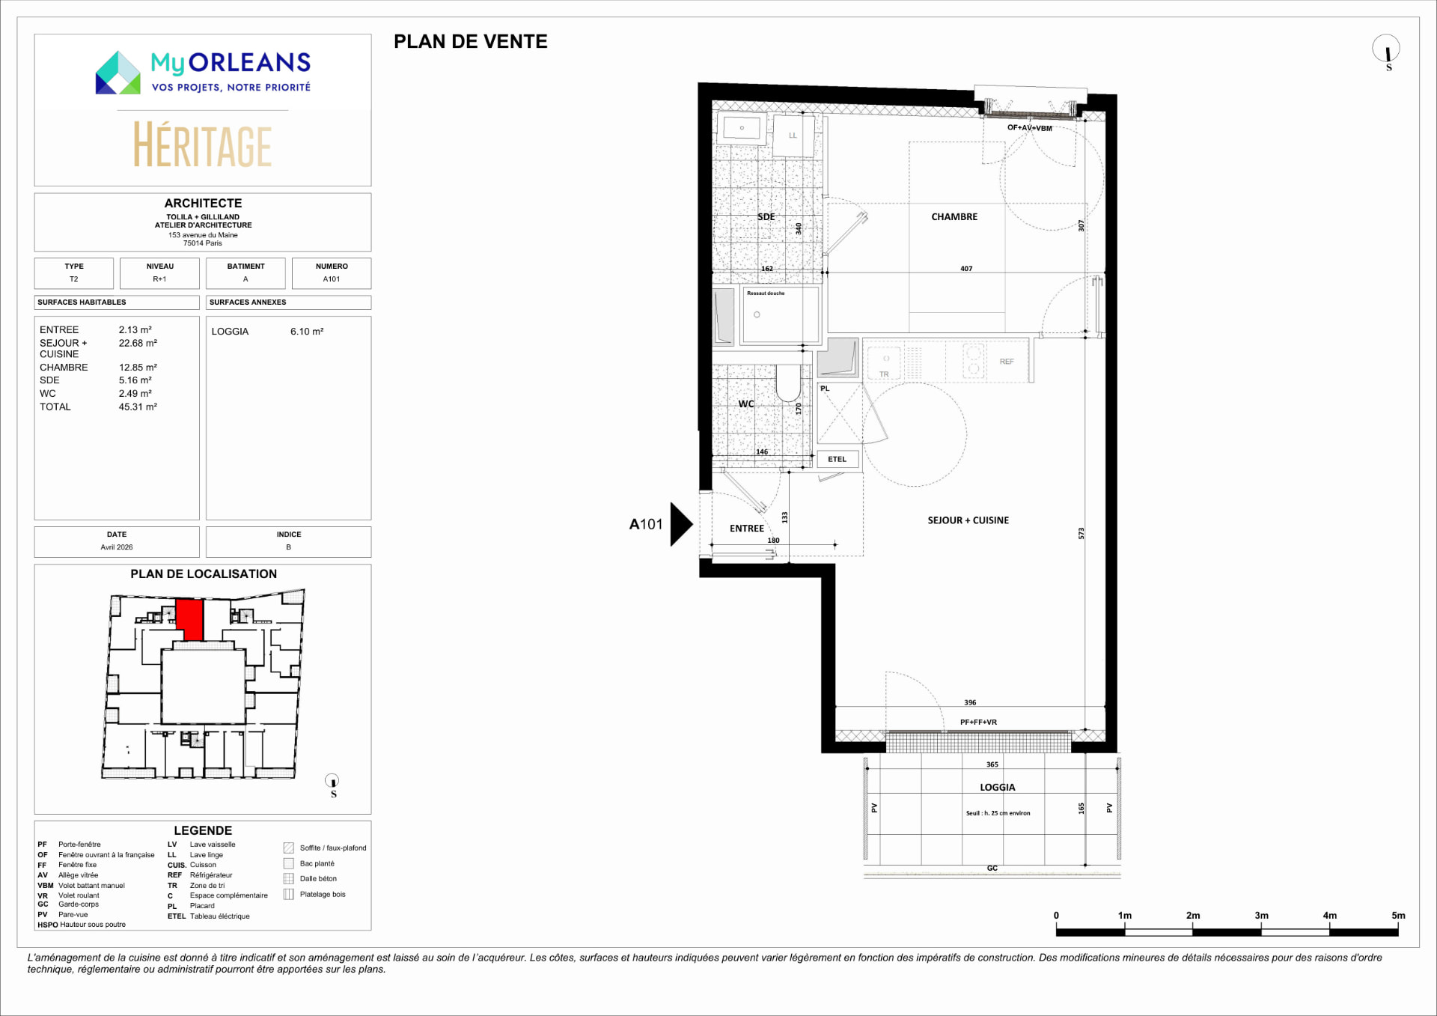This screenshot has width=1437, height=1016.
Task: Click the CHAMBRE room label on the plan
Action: [x=954, y=217]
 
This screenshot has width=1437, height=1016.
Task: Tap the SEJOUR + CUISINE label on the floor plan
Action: [x=968, y=520]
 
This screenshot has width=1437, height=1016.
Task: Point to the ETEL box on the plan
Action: [x=838, y=460]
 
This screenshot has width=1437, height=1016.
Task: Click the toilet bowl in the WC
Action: [x=788, y=383]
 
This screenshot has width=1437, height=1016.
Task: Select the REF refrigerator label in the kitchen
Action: [x=1007, y=362]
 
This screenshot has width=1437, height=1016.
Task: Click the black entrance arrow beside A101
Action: [x=681, y=524]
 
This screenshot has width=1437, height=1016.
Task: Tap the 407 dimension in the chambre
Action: [x=966, y=269]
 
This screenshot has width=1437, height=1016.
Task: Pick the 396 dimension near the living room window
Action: [x=970, y=702]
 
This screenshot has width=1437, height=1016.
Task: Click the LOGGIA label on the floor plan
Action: [x=998, y=788]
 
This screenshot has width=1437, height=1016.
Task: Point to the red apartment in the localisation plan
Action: [x=189, y=620]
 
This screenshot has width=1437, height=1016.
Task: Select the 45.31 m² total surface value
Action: [x=138, y=407]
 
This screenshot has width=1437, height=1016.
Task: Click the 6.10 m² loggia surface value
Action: [x=307, y=332]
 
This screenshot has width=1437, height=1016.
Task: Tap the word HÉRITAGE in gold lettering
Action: [x=203, y=145]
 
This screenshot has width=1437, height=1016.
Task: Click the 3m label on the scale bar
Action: [x=1261, y=916]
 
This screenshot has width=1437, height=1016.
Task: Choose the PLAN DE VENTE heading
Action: [x=471, y=42]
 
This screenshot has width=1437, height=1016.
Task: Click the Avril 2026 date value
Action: [x=117, y=547]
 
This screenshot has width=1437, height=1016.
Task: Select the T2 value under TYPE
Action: [x=73, y=279]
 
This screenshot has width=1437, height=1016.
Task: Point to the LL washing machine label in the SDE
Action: [x=793, y=136]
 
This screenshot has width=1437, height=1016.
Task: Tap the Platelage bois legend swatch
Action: [x=288, y=895]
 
